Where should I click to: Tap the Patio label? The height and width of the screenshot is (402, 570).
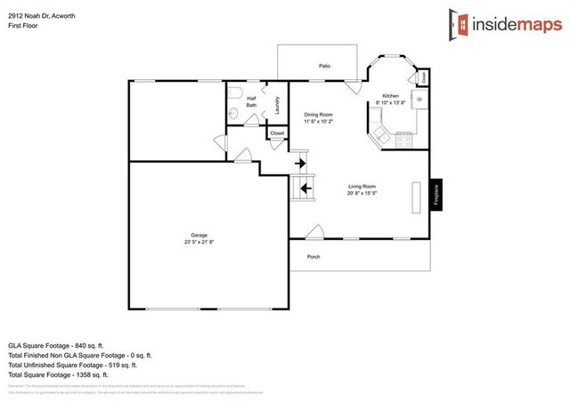pyautogui.click(x=327, y=66)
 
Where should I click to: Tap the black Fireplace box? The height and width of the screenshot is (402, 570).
pyautogui.click(x=436, y=196)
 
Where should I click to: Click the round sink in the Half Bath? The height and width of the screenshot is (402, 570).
pyautogui.click(x=232, y=112)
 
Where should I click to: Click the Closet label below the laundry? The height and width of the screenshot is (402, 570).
pyautogui.click(x=277, y=133)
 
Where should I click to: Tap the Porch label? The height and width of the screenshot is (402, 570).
pyautogui.click(x=313, y=257)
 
